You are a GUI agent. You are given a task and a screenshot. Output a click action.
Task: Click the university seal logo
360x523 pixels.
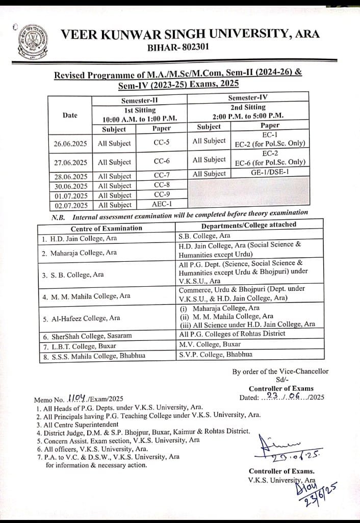coord(32,42)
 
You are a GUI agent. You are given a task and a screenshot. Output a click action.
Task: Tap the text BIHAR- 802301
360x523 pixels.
coord(177,47)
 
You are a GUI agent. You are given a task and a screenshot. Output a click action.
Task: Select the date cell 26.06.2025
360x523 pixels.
coord(70,144)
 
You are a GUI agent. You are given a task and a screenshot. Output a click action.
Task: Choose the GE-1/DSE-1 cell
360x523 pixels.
coord(269,172)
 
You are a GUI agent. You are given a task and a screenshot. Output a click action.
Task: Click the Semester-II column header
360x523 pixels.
coord(140,101)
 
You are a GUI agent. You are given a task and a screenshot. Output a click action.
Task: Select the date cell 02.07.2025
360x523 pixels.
coord(70,205)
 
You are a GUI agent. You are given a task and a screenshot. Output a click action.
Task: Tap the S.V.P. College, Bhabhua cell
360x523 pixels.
coord(215,354)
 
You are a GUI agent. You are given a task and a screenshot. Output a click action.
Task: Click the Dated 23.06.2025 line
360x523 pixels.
coord(281,397)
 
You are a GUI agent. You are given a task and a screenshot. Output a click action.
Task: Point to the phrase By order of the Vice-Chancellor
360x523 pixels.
coord(280,371)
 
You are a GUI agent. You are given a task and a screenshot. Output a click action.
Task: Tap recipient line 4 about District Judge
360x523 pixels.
coord(143,432)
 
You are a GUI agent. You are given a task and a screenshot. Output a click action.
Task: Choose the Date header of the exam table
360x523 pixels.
coord(70,115)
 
